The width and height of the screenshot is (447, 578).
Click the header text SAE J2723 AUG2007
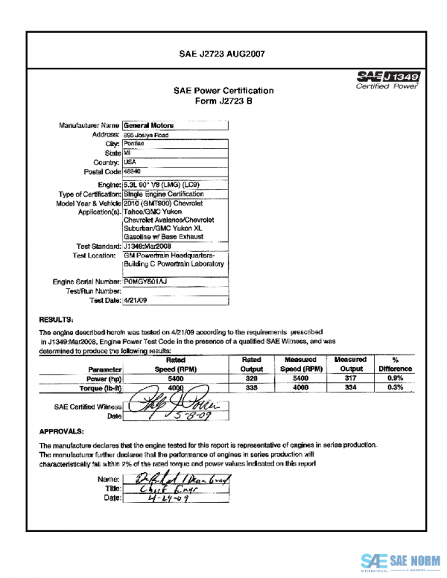click(x=223, y=54)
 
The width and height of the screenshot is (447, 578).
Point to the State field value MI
click(x=127, y=153)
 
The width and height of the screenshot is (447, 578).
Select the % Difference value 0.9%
click(x=395, y=378)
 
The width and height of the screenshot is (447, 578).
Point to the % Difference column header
click(x=395, y=363)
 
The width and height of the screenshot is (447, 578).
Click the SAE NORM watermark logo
click(x=402, y=561)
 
